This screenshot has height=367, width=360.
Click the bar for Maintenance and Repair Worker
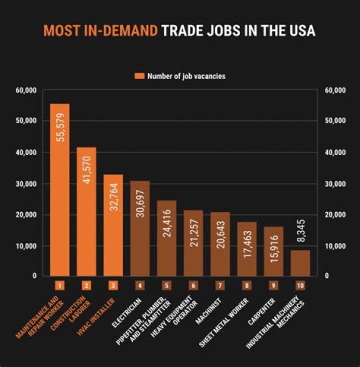coord(59,190)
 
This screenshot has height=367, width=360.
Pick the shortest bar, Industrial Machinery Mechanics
coord(300,263)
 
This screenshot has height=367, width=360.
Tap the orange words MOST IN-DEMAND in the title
coord(100,31)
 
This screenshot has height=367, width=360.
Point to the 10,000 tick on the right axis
coord(335,246)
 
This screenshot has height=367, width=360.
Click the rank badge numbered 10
coord(300,286)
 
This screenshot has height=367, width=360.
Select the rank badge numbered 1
coord(59,286)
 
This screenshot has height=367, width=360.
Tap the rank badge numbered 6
coord(193,286)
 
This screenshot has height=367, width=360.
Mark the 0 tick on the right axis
coord(328,275)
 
